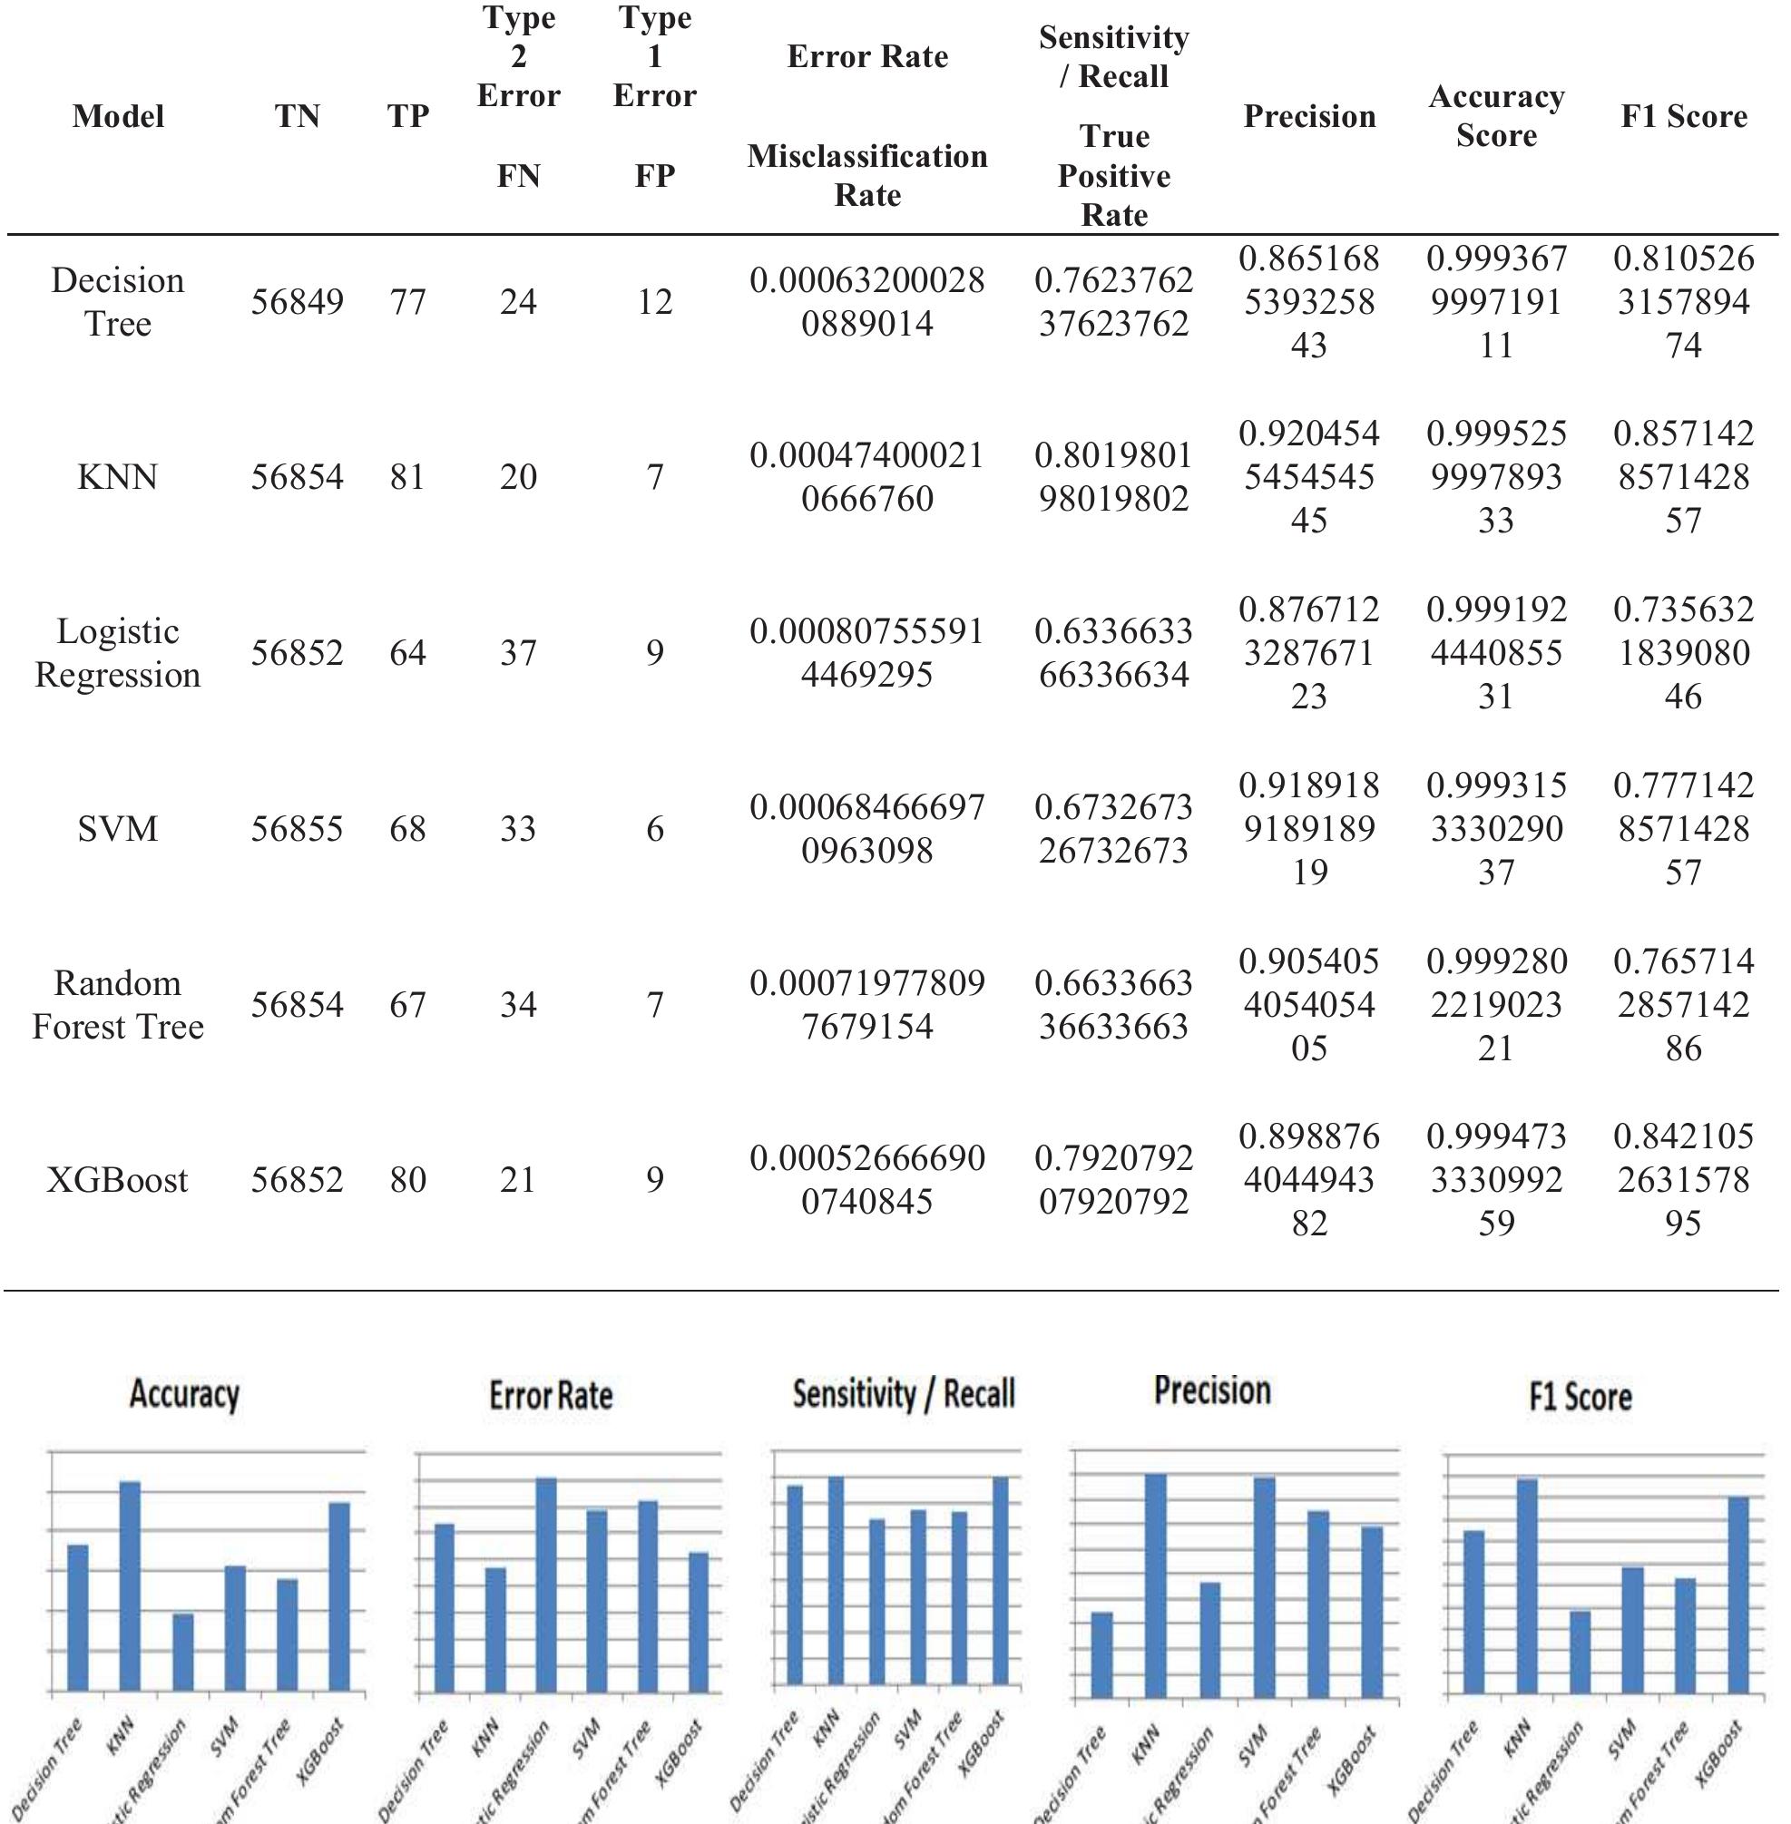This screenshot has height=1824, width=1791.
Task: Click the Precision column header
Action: click(x=1308, y=116)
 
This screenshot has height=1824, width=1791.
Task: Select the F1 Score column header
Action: click(x=1683, y=116)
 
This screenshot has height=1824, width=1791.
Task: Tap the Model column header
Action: click(x=118, y=116)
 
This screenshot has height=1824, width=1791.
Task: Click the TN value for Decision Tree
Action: click(x=297, y=302)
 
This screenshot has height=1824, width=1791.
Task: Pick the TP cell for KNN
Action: click(x=407, y=477)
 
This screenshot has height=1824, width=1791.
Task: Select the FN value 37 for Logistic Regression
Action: click(x=517, y=652)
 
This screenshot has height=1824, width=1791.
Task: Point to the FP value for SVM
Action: click(x=655, y=828)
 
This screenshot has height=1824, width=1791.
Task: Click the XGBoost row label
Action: click(x=118, y=1179)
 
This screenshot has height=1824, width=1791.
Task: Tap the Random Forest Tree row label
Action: click(x=118, y=1004)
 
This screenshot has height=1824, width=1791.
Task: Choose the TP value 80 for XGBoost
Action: click(x=407, y=1179)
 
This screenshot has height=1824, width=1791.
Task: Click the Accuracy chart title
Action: click(x=184, y=1393)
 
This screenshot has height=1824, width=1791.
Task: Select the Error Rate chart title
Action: click(x=551, y=1394)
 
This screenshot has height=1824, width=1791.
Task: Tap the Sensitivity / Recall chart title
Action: click(x=903, y=1393)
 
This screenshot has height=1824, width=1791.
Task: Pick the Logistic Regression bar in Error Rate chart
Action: click(x=545, y=1585)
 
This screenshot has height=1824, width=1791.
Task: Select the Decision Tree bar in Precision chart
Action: click(x=1101, y=1655)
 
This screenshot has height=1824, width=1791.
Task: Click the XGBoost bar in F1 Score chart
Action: click(x=1738, y=1595)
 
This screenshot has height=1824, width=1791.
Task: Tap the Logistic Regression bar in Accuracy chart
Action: click(x=182, y=1653)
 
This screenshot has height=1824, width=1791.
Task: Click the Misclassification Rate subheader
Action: click(x=866, y=175)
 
